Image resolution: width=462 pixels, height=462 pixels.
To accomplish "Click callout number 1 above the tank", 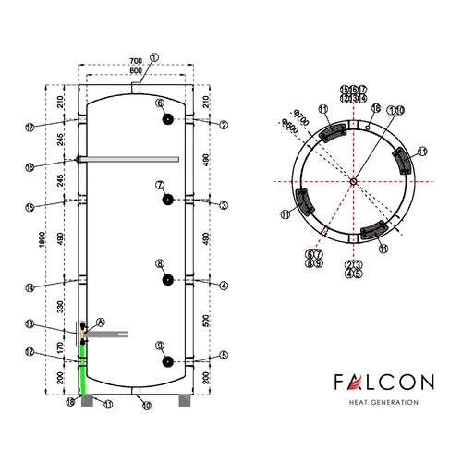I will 153,57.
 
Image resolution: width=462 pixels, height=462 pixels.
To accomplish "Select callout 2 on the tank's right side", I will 223,124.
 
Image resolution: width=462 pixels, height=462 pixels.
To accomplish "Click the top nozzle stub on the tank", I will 137,87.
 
